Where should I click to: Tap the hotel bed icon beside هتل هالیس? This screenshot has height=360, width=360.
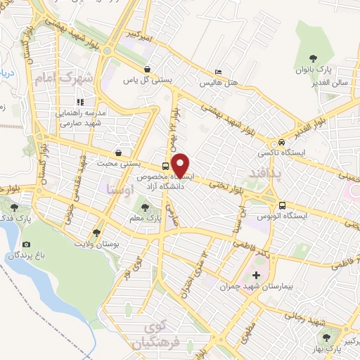click(x=218, y=73)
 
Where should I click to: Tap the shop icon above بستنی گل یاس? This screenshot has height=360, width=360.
click(x=148, y=69)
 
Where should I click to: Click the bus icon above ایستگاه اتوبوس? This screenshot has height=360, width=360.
click(x=282, y=206)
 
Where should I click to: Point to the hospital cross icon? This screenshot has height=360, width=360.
click(x=256, y=275)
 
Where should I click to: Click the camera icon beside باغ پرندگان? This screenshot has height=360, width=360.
click(x=27, y=244)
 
